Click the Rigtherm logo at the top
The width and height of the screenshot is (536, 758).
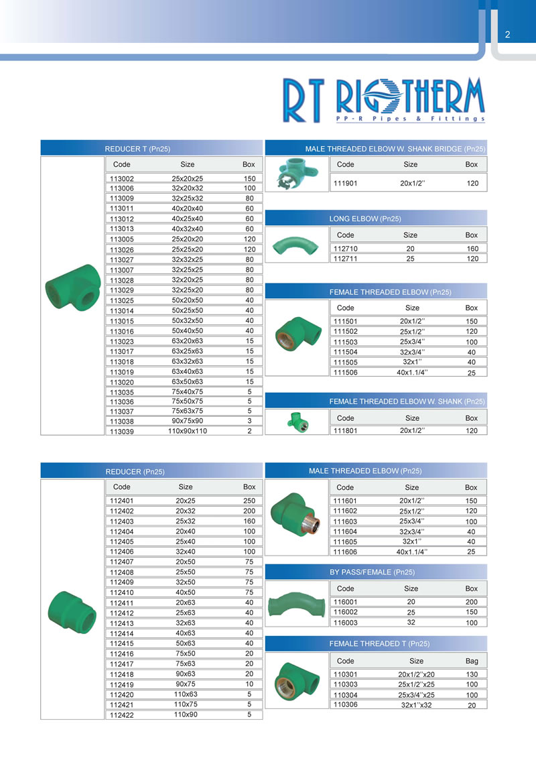tap(381, 101)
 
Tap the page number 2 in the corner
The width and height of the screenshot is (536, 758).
tap(507, 35)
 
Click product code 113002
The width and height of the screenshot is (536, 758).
tap(122, 180)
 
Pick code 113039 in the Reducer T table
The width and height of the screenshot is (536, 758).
tap(122, 432)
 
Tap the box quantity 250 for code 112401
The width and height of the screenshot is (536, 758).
tap(249, 501)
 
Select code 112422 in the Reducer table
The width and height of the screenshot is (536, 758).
tap(122, 715)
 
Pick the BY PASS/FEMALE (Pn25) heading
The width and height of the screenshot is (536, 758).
tap(372, 572)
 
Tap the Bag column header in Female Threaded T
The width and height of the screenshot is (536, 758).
tap(472, 661)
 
